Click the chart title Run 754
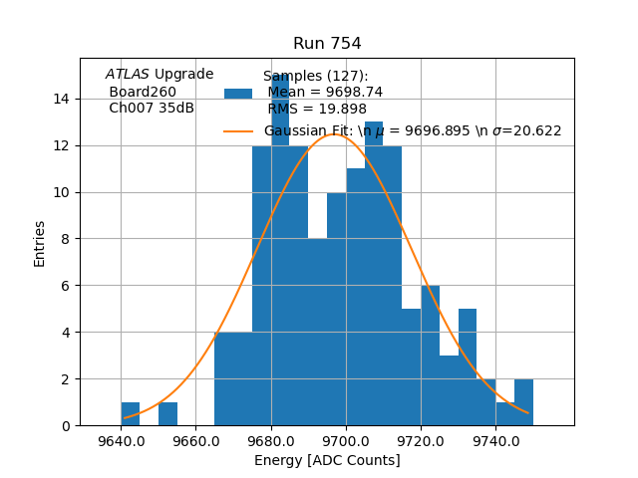point(327,44)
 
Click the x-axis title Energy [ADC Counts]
point(327,460)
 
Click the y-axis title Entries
point(40,243)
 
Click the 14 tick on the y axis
point(62,99)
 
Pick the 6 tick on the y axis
point(66,286)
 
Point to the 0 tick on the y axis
point(66,426)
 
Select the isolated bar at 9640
point(131,414)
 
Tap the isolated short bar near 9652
point(167,414)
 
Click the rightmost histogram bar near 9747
point(523,403)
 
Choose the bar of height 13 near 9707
point(374,279)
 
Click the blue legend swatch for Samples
point(238,93)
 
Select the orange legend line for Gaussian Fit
point(238,130)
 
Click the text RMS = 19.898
point(317,110)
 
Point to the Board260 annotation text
point(143,92)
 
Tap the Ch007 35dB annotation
point(152,108)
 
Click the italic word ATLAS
point(128,75)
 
